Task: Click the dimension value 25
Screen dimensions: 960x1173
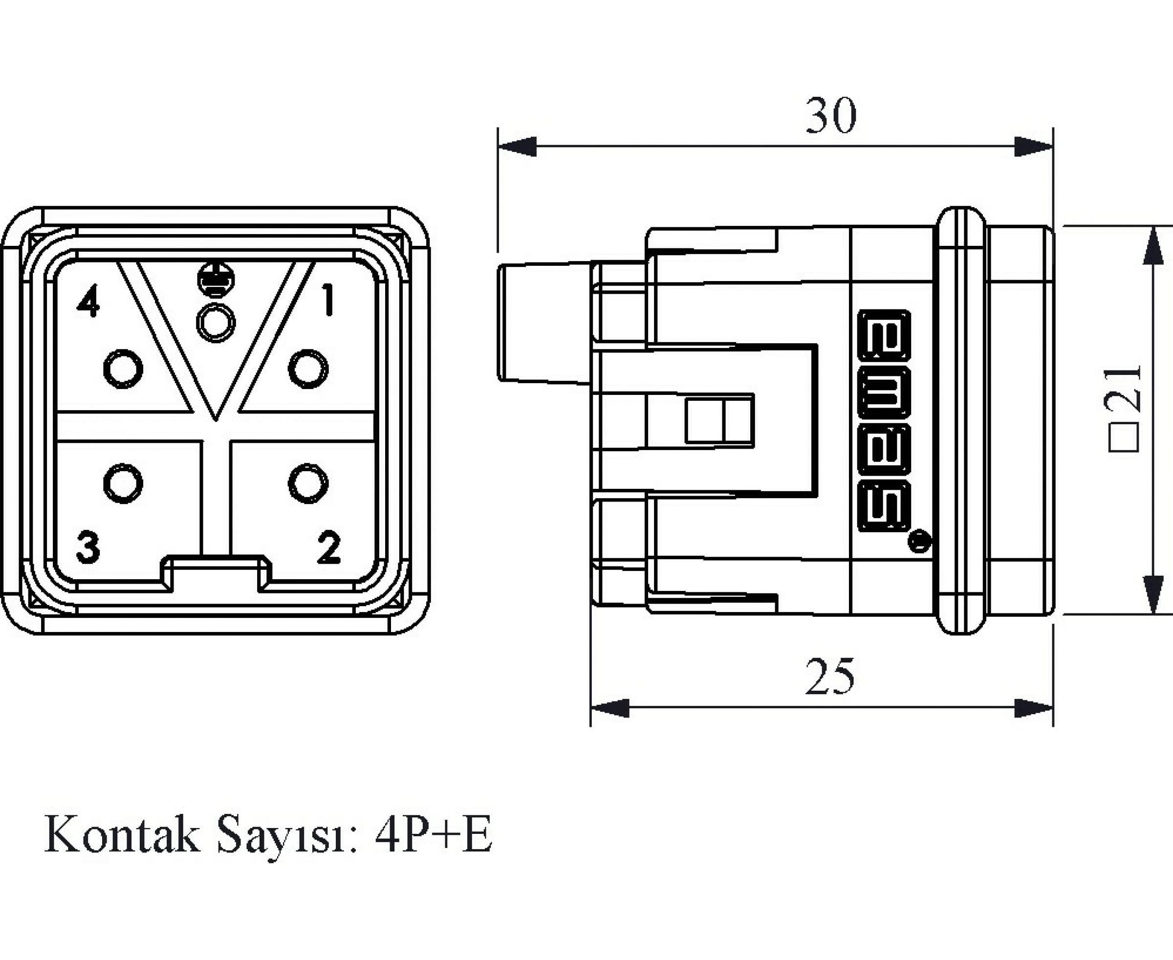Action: [x=829, y=677]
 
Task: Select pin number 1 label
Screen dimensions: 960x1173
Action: [x=329, y=299]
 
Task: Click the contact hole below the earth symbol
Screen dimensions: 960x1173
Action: [x=216, y=323]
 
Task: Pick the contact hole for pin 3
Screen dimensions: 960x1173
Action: [x=123, y=483]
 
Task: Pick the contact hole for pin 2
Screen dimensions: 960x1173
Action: [x=308, y=483]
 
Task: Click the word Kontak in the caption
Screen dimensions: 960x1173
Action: [x=122, y=835]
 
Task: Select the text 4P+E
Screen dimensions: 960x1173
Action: [x=433, y=835]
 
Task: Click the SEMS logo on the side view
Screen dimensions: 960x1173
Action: [x=884, y=420]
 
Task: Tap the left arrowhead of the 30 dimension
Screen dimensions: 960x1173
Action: [x=517, y=147]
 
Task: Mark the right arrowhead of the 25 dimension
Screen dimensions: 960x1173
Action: [x=1034, y=708]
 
